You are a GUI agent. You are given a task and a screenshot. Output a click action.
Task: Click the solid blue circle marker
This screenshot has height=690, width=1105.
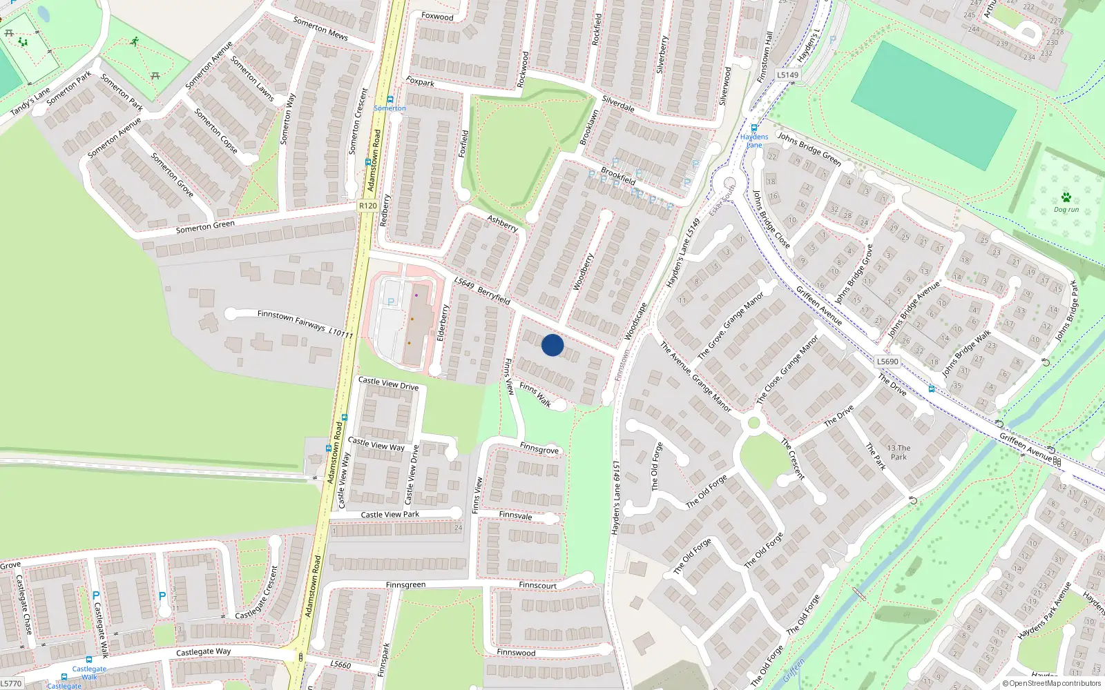pyautogui.click(x=552, y=345)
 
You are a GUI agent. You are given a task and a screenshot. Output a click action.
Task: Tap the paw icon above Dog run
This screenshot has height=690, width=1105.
pyautogui.click(x=1066, y=197)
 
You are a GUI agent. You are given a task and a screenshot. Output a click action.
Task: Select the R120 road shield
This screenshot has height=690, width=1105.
pyautogui.click(x=368, y=206)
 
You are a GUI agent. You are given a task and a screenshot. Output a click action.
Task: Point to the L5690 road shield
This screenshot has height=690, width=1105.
pyautogui.click(x=887, y=362)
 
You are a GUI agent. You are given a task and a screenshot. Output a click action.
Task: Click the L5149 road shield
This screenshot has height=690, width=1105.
pyautogui.click(x=787, y=75)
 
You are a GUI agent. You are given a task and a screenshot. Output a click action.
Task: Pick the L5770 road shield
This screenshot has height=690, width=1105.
pyautogui.click(x=11, y=683)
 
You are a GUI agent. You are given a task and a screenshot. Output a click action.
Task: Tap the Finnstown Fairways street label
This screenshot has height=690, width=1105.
pyautogui.click(x=291, y=319)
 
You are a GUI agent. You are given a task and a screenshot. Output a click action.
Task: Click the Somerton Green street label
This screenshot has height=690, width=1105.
pyautogui.click(x=205, y=226)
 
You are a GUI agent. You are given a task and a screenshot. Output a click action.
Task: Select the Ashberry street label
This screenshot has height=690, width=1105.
pyautogui.click(x=502, y=223)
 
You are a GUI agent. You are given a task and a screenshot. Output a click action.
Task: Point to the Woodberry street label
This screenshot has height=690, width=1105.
pyautogui.click(x=584, y=271)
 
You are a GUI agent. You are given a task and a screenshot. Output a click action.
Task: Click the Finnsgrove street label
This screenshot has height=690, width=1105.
pyautogui.click(x=539, y=449)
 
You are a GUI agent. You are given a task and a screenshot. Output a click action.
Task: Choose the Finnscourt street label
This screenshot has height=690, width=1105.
pyautogui.click(x=537, y=585)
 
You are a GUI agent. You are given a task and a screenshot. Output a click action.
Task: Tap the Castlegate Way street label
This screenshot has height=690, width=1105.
pyautogui.click(x=203, y=651)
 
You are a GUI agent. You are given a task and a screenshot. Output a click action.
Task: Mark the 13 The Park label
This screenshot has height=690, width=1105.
pyautogui.click(x=899, y=452)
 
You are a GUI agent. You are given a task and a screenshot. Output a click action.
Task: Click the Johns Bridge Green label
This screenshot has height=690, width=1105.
pyautogui.click(x=809, y=148)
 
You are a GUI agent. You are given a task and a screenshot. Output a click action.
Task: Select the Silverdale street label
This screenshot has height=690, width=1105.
pyautogui.click(x=618, y=103)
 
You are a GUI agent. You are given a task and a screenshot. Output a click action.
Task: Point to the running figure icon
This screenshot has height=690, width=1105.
pyautogui.click(x=134, y=42)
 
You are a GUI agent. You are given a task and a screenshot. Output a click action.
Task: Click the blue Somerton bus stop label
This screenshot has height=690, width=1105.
pyautogui.click(x=390, y=108)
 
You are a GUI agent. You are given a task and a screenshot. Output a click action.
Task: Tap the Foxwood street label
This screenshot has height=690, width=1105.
pyautogui.click(x=437, y=16)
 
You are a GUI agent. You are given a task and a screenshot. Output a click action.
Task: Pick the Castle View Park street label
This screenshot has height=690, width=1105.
pyautogui.click(x=390, y=514)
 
